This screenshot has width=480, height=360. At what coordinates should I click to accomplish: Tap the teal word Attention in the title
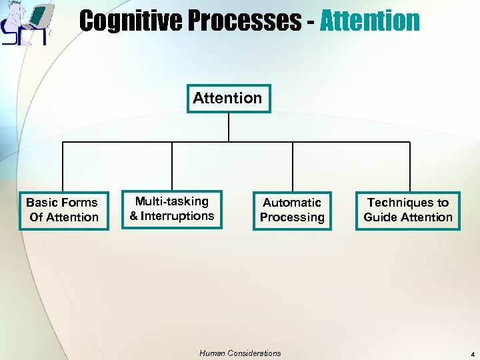(x=369, y=21)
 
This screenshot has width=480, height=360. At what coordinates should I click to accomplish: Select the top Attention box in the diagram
(x=228, y=98)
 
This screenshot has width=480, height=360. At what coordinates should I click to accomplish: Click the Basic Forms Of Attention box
(x=63, y=210)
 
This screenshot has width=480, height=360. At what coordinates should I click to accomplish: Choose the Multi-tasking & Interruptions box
(x=172, y=209)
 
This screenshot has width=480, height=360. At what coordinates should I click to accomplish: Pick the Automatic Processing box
(x=292, y=210)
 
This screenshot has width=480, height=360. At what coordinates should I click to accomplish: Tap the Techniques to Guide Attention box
(x=408, y=210)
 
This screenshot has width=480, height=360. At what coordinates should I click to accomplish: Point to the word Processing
(x=292, y=217)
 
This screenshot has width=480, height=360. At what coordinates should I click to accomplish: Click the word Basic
(x=43, y=203)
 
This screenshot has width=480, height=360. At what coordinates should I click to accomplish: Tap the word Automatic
(x=292, y=203)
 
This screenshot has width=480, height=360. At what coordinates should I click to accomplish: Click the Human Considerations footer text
(x=240, y=353)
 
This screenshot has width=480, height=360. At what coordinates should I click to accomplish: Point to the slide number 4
(x=471, y=355)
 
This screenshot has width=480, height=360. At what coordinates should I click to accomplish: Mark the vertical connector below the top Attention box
(x=229, y=127)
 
